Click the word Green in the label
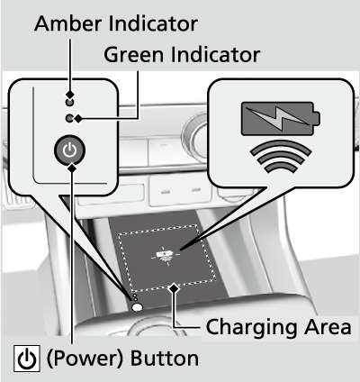[x=134, y=55]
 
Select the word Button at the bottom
[x=165, y=359]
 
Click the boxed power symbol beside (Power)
[x=27, y=359]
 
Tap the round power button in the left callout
[x=69, y=150]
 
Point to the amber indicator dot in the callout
[x=69, y=103]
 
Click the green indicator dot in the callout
[x=69, y=119]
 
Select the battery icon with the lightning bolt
[x=281, y=119]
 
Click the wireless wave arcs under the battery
[x=281, y=156]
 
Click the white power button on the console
[x=138, y=307]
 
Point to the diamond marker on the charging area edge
[x=174, y=289]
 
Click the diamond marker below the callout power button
[x=72, y=168]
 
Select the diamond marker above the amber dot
[x=70, y=95]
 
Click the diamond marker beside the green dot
[x=78, y=119]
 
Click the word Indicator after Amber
[x=153, y=23]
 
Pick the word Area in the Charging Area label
[x=328, y=327]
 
